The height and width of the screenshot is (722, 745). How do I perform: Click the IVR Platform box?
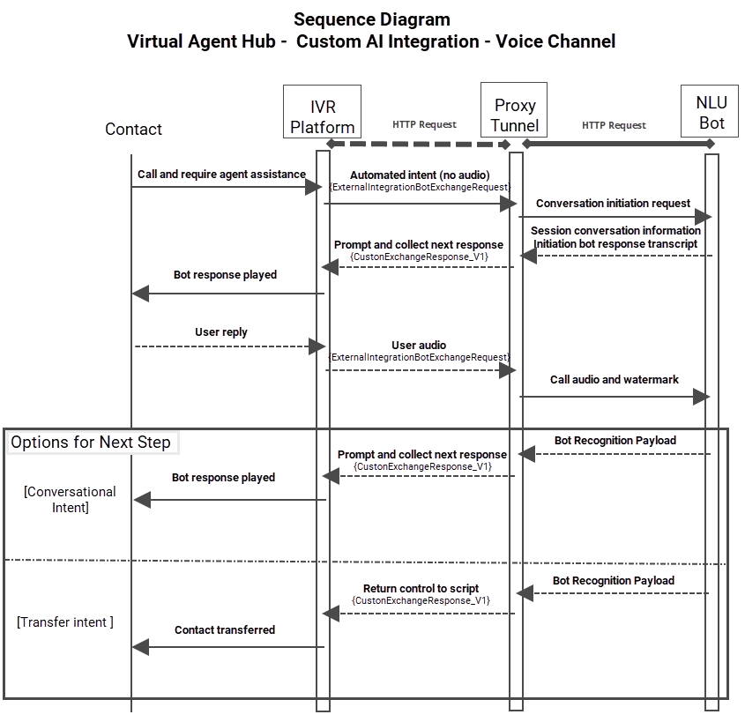click(x=323, y=111)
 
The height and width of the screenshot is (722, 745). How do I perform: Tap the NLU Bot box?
click(x=711, y=111)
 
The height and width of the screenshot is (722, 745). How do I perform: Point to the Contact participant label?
click(x=133, y=130)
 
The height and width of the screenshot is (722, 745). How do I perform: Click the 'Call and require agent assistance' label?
click(x=221, y=175)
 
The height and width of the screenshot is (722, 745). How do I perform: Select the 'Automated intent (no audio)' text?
click(x=420, y=175)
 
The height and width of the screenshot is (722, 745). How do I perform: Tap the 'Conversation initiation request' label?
click(x=613, y=203)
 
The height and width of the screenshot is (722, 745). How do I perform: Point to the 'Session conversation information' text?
click(x=615, y=231)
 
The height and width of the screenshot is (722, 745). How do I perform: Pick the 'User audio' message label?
click(x=419, y=345)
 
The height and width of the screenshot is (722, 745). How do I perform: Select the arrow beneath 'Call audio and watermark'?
click(x=614, y=397)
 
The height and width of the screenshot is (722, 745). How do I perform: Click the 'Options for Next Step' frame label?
click(x=91, y=443)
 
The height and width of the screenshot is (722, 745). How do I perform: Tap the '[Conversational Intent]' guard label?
click(x=70, y=499)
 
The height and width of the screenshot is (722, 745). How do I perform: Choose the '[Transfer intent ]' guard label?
click(x=65, y=622)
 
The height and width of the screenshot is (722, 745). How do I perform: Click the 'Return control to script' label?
click(x=421, y=588)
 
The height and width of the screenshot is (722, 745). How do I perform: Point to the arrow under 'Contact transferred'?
click(x=229, y=647)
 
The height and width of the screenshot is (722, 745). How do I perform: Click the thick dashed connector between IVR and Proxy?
click(x=419, y=143)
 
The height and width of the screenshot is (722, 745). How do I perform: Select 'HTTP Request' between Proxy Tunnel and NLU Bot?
click(x=614, y=125)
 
